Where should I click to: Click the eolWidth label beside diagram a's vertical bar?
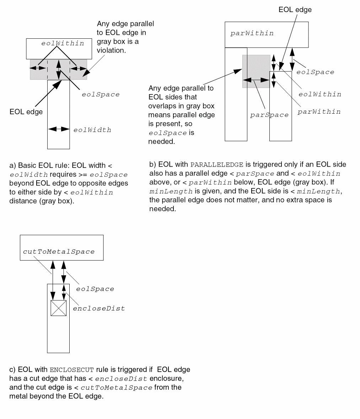pos(92,130)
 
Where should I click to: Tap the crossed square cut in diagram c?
pos(58,308)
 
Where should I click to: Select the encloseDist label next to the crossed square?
pos(99,308)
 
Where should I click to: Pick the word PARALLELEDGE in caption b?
pos(217,165)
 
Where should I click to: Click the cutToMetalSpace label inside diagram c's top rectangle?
pos(59,252)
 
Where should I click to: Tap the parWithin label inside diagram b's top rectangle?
pos(252,33)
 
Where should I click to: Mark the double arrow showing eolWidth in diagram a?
pos(58,129)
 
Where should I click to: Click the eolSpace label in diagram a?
pos(101,95)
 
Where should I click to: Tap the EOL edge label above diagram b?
pos(295,10)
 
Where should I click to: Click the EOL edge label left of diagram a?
pos(26,112)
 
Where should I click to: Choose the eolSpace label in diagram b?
pos(315,72)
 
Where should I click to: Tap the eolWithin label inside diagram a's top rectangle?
pos(63,43)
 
